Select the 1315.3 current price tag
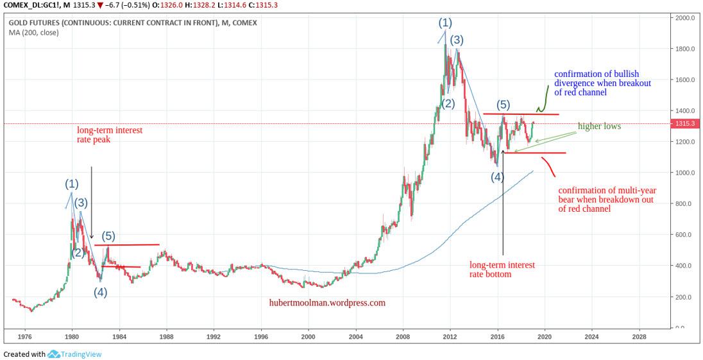coord(688,124)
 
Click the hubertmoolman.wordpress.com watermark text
coord(327,303)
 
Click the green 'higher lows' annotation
coord(599,126)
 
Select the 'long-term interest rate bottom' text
coord(502,270)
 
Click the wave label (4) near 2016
coord(497,177)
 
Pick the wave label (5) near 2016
coord(504,105)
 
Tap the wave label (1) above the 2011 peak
coord(445,23)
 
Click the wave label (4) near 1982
coord(101,292)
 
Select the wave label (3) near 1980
coord(80,203)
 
